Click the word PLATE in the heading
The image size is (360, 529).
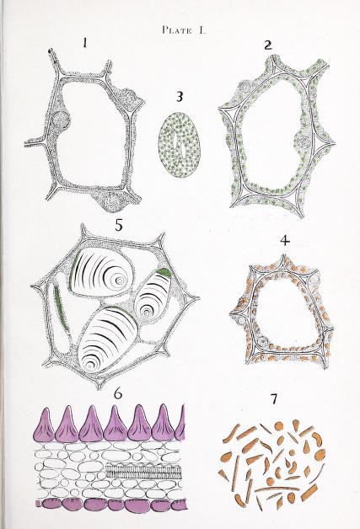176,30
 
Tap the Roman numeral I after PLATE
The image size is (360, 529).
201,30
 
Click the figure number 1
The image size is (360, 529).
85,43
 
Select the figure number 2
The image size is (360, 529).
268,45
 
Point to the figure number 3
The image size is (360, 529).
180,97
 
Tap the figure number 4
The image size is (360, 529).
285,241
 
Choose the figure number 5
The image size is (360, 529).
119,225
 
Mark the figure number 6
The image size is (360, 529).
118,393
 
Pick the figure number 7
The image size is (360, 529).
274,399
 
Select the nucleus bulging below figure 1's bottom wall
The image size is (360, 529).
110,202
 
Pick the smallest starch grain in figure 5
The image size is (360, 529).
153,297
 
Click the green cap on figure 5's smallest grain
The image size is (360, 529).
165,274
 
